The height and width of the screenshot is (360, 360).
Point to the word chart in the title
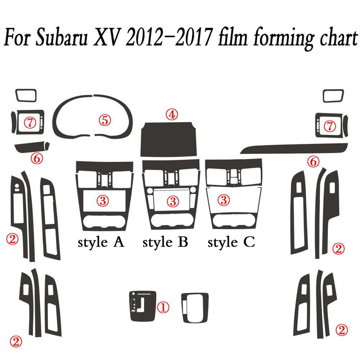click(x=328, y=39)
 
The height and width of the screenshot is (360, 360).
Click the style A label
click(x=101, y=242)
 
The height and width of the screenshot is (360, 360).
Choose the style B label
click(x=165, y=242)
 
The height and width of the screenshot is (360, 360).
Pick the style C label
click(x=231, y=242)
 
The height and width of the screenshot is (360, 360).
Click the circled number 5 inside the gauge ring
click(x=105, y=120)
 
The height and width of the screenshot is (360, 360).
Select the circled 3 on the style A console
click(x=103, y=201)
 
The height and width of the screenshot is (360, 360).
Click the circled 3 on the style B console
click(x=173, y=201)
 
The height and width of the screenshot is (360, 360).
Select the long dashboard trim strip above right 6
click(x=295, y=147)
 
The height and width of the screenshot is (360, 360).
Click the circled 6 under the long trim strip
click(x=313, y=162)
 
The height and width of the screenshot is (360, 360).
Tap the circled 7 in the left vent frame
click(x=30, y=123)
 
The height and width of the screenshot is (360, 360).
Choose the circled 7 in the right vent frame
click(x=330, y=126)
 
